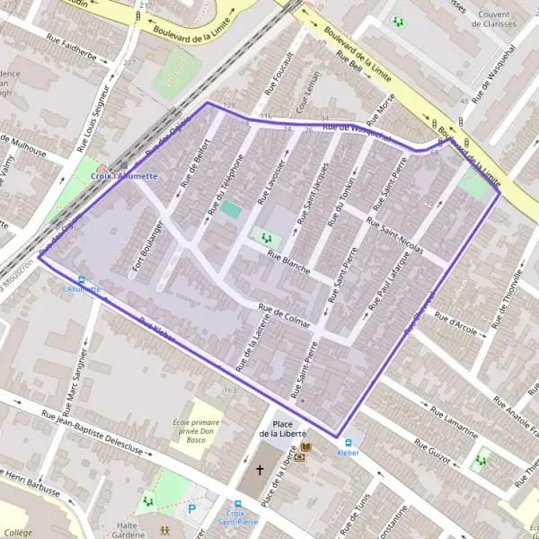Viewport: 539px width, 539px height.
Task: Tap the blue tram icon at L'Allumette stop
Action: (82, 279)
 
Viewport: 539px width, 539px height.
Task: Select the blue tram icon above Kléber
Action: (346, 442)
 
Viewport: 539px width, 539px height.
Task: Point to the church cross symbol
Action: (261, 470)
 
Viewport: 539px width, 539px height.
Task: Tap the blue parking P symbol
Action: (190, 509)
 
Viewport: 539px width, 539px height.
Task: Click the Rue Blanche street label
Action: (287, 261)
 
